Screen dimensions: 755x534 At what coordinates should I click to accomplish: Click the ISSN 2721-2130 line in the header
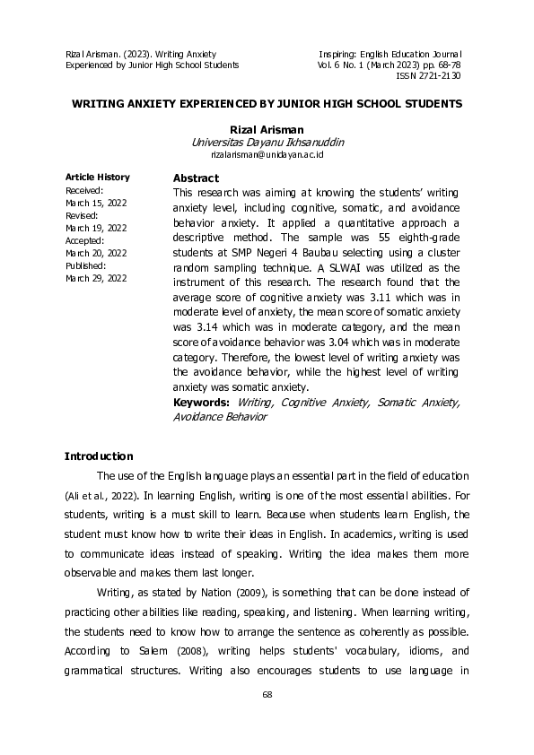coord(428,76)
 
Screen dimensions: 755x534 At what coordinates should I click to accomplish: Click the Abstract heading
coord(196,178)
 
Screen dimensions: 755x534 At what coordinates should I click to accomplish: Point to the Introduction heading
coord(99,456)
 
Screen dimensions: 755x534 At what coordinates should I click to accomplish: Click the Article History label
coord(98,178)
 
